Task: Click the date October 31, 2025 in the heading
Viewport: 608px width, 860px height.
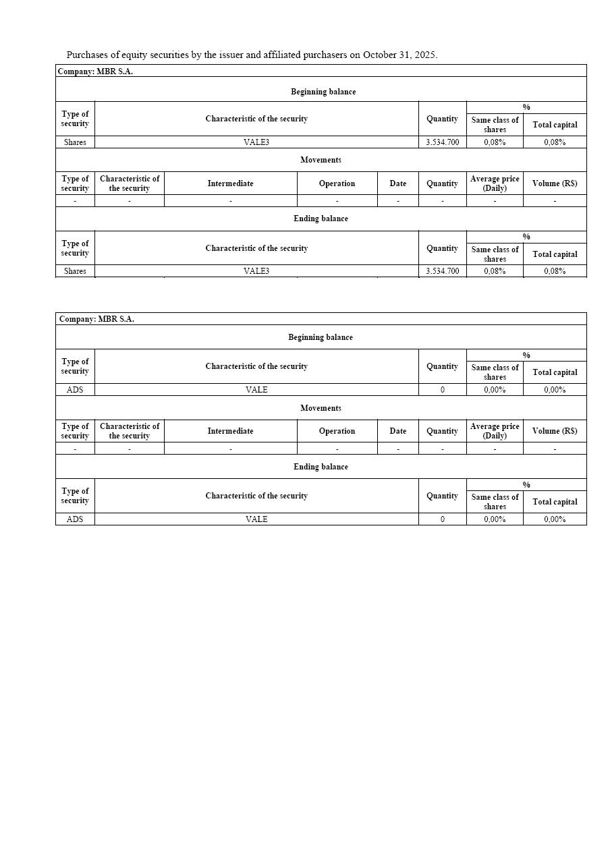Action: point(399,55)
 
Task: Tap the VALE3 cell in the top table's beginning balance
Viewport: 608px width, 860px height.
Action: point(256,142)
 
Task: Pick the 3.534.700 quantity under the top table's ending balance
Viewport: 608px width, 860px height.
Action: point(442,271)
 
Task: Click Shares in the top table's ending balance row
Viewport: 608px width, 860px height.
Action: point(75,271)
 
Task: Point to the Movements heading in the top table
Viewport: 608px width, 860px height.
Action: point(321,160)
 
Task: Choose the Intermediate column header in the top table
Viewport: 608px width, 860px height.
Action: point(230,183)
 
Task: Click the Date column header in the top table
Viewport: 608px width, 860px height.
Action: point(398,183)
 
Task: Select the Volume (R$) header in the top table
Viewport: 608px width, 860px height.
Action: point(555,183)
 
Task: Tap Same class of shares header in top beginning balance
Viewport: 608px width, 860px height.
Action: point(495,125)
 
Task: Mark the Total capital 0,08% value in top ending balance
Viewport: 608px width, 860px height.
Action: point(555,271)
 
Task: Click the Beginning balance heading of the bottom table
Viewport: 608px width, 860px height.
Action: point(321,337)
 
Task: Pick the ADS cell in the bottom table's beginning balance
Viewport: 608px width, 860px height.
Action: point(75,390)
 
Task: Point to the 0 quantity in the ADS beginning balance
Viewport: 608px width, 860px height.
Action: point(442,390)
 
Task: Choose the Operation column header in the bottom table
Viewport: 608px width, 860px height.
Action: point(337,431)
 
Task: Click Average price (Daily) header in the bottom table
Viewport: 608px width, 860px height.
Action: point(495,431)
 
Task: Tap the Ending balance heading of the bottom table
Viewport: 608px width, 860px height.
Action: point(321,467)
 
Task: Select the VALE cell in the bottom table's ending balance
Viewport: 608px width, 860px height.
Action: point(256,519)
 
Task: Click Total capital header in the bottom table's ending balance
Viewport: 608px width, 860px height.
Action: point(555,502)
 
